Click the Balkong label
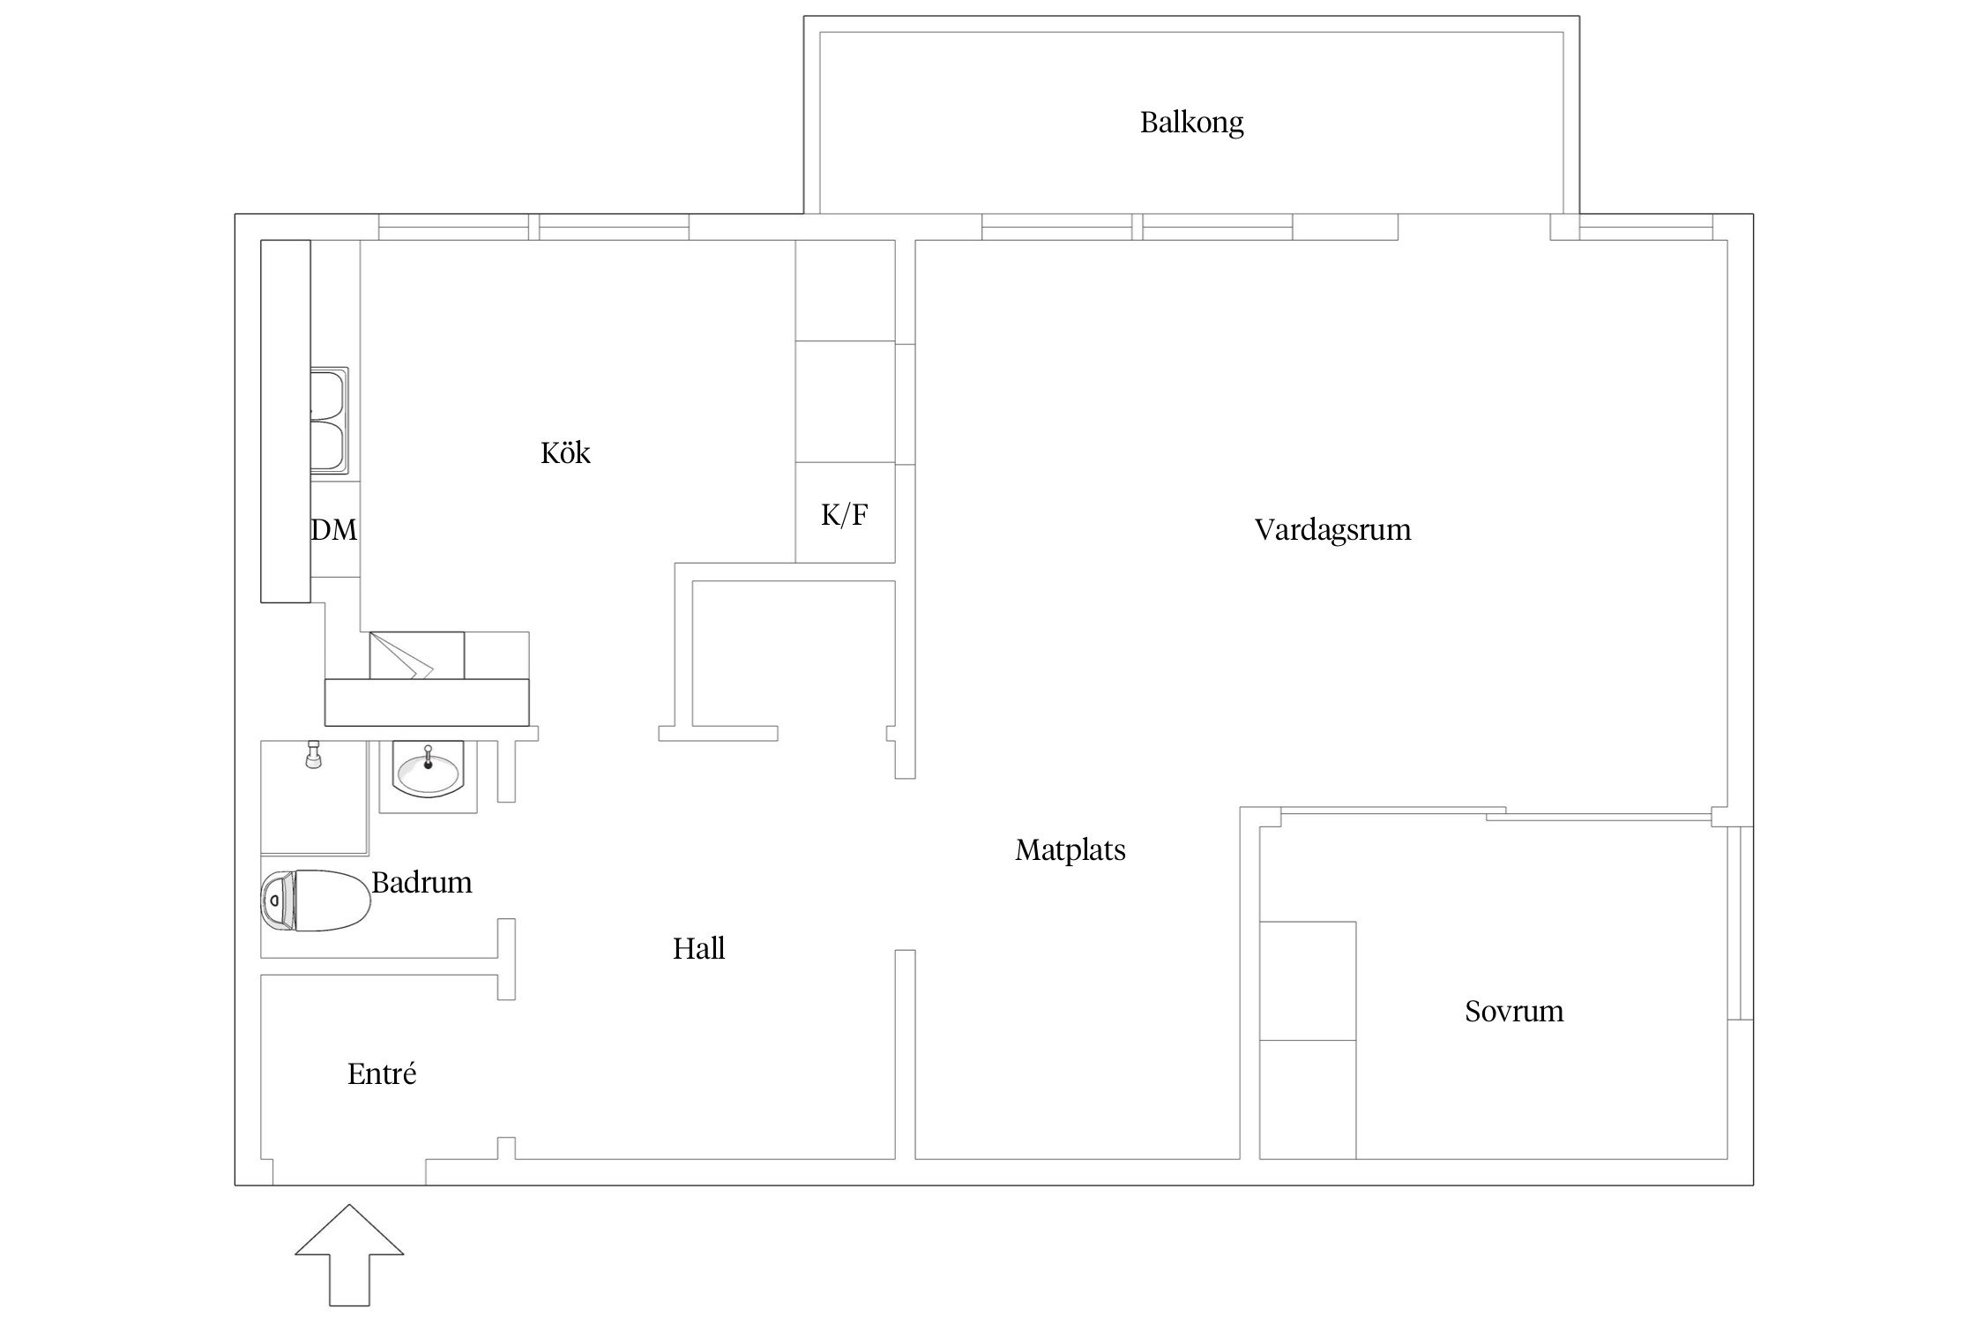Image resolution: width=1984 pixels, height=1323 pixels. pos(1191,123)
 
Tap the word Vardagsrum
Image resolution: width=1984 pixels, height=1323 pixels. pos(1332,530)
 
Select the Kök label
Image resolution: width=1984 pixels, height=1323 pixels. pos(565,453)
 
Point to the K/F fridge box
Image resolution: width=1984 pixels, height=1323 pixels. pos(845,514)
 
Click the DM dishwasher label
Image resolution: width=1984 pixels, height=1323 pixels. pos(334,530)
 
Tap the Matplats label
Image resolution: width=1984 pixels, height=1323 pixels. pos(1070,850)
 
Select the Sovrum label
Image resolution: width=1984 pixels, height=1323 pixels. pos(1514,1011)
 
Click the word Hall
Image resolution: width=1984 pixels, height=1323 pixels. pos(698,949)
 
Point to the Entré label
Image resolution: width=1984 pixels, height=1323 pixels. pos(381,1074)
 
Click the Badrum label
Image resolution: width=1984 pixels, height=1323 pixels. pos(421,883)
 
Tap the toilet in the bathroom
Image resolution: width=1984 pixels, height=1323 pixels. pos(315,901)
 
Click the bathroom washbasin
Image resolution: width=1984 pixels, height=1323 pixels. pos(428,773)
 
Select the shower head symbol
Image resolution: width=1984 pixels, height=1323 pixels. pos(312,755)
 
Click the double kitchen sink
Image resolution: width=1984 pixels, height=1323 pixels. pos(330,422)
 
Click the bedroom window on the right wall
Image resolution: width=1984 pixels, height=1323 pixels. pos(1739,923)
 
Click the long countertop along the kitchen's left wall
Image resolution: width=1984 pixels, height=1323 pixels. pos(286,422)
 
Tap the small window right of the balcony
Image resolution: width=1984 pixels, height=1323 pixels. pos(1645,228)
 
